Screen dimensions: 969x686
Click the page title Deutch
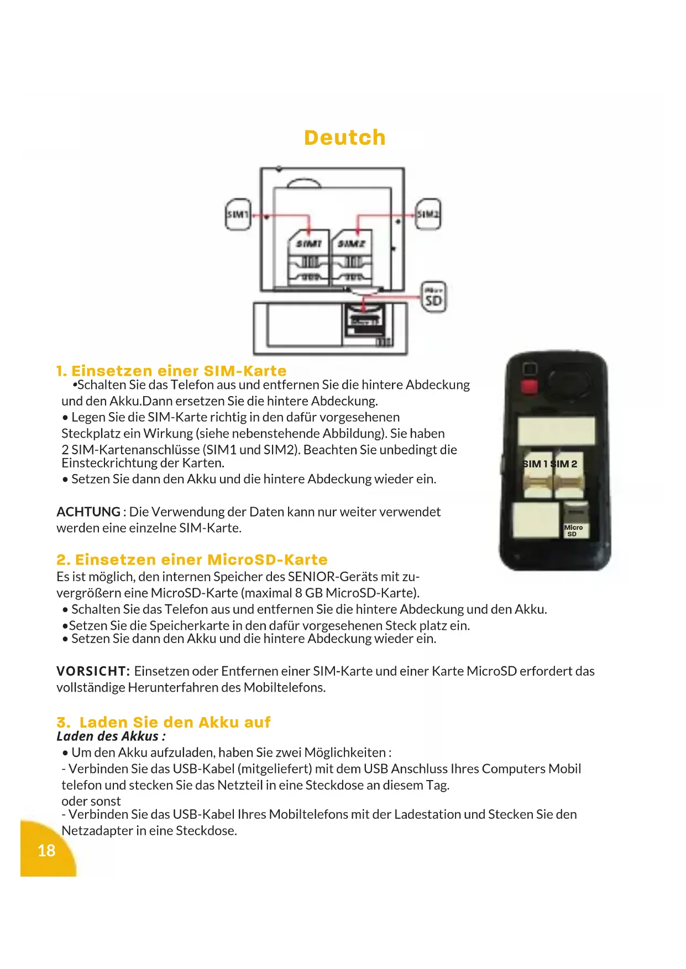click(344, 138)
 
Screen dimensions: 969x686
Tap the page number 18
click(46, 850)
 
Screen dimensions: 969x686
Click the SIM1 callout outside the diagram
click(238, 214)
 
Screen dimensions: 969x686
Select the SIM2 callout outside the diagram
click(428, 214)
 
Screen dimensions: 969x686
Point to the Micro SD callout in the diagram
click(433, 298)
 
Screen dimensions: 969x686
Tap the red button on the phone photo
click(529, 386)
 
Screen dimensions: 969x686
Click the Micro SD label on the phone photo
click(573, 530)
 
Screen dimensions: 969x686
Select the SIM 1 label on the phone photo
click(535, 464)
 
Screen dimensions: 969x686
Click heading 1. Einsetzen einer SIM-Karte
click(171, 371)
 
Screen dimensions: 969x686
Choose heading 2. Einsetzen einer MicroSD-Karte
click(192, 560)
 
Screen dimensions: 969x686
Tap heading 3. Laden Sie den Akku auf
click(164, 722)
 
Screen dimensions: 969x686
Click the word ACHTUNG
click(88, 512)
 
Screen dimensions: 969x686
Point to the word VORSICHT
click(93, 671)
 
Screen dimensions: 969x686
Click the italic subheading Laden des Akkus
click(111, 736)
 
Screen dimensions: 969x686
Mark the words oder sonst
click(91, 801)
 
